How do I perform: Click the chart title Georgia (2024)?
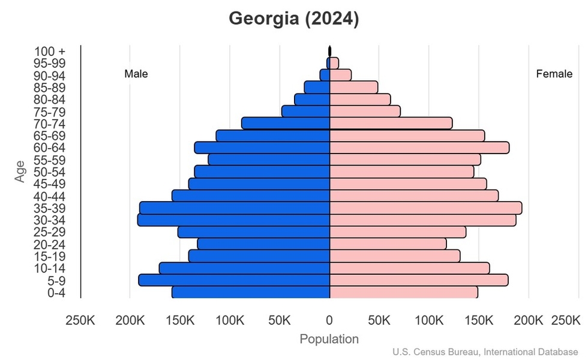(293, 19)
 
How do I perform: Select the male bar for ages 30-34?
(234, 220)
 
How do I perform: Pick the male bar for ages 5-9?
(235, 280)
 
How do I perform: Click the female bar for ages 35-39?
(425, 208)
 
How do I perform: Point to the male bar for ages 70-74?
(286, 123)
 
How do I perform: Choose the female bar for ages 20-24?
(388, 244)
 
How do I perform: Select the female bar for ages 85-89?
(353, 88)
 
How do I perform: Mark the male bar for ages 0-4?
(251, 292)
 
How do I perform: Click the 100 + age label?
(50, 52)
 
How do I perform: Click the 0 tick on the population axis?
(329, 320)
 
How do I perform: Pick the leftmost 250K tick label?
(80, 320)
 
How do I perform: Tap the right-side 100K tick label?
(430, 320)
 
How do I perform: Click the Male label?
(136, 74)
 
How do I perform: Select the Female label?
(554, 74)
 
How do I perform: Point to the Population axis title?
(329, 339)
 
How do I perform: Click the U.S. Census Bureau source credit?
(489, 352)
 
